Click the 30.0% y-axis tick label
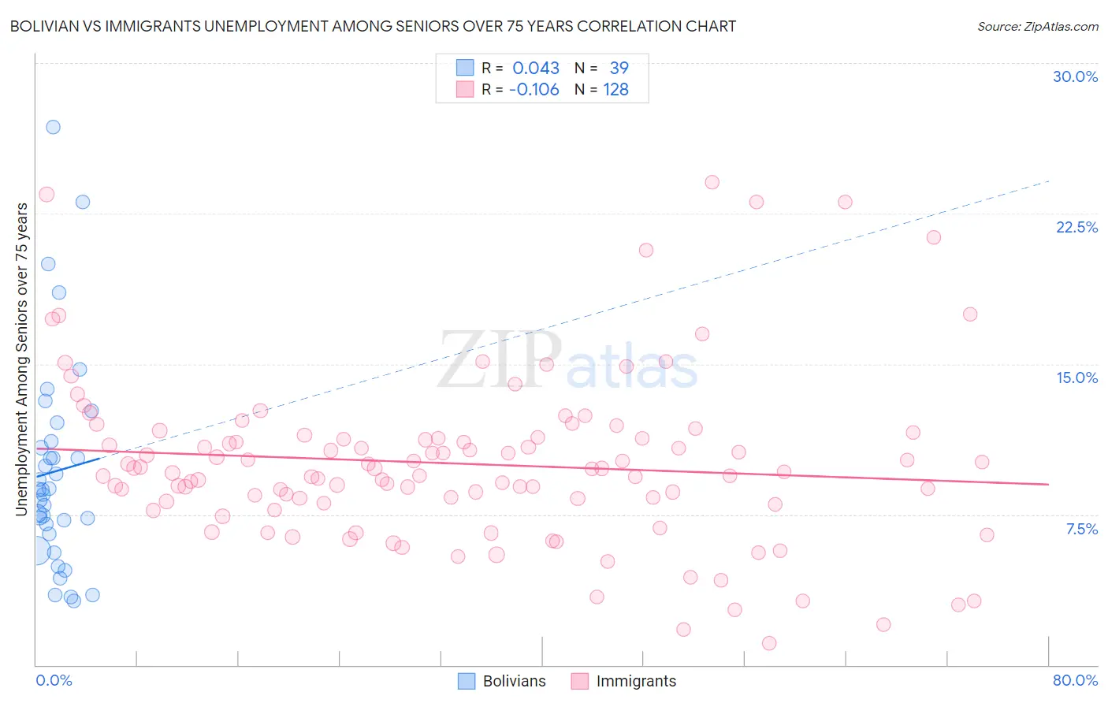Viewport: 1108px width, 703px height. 1075,76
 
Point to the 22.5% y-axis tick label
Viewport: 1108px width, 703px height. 1076,227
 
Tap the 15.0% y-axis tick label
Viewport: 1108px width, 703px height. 1076,378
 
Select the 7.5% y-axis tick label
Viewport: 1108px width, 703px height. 1081,529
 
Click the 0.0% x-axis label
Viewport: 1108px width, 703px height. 54,680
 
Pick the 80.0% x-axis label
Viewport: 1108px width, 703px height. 1075,680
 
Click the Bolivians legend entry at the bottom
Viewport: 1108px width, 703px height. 502,681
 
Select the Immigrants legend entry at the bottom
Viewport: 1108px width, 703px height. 623,681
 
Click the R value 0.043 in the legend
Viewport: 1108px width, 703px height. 536,69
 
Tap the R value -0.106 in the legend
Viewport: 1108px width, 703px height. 534,90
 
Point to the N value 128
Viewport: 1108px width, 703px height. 615,90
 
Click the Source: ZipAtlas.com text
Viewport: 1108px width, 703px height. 1037,26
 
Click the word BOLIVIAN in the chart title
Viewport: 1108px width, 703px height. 46,26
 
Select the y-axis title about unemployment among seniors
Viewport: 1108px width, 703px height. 22,359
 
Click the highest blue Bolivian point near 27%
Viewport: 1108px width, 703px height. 53,127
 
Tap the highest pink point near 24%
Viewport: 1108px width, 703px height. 712,182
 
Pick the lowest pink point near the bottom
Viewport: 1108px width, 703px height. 769,643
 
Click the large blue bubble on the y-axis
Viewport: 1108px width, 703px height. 36,551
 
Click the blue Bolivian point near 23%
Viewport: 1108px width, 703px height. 82,202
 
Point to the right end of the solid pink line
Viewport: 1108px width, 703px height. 1048,484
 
